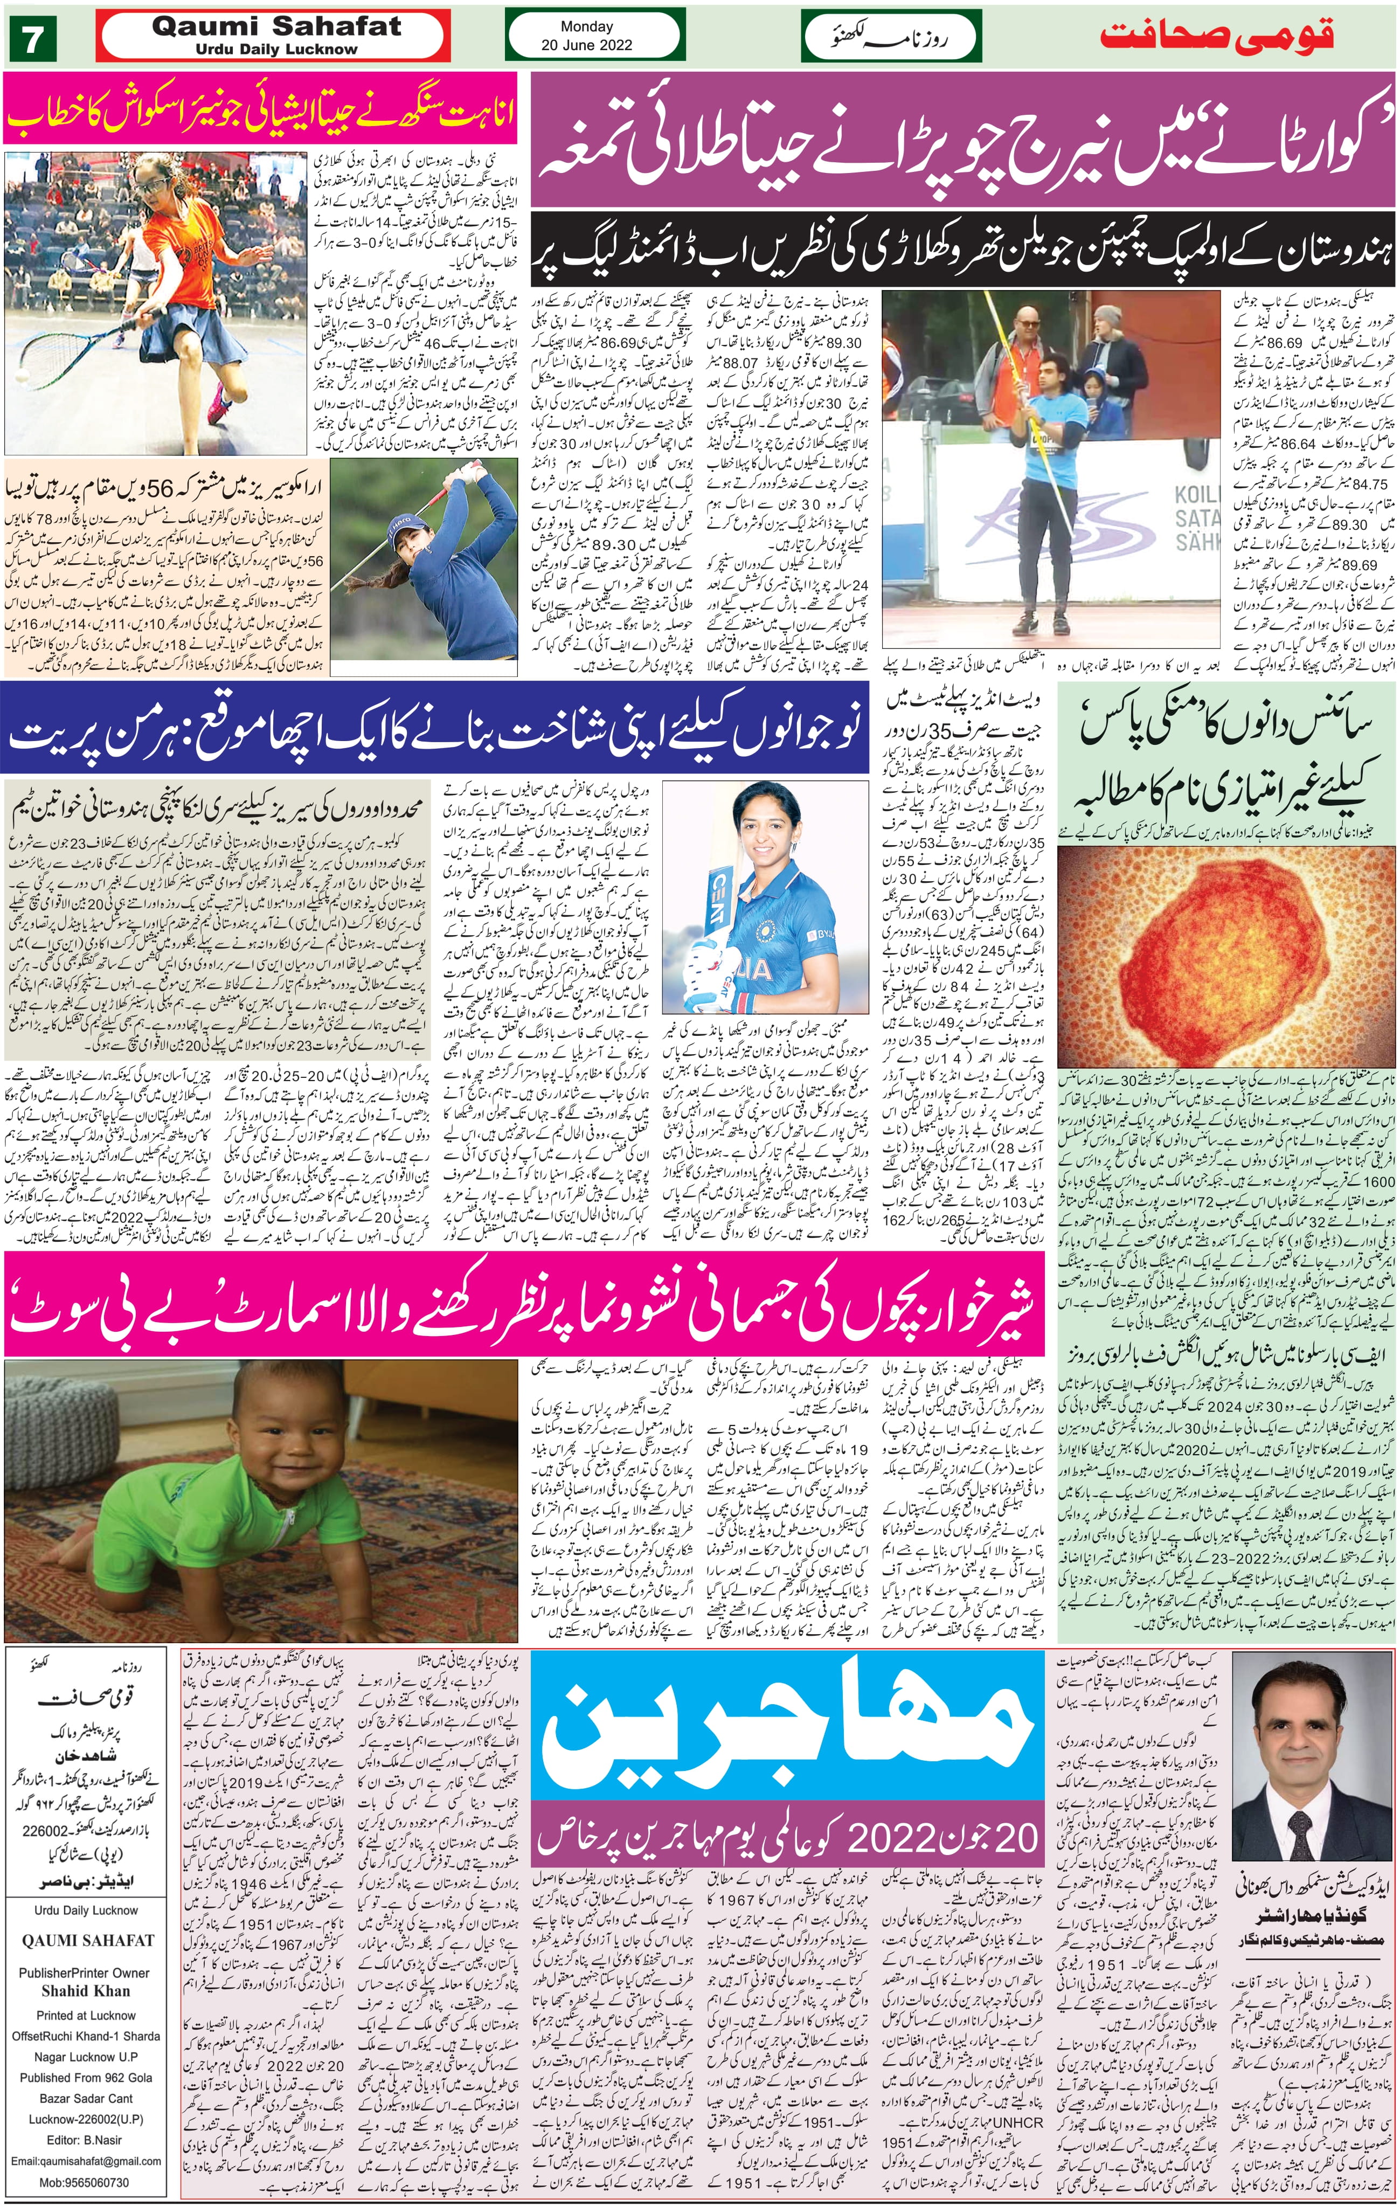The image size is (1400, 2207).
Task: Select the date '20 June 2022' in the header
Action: [586, 44]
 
